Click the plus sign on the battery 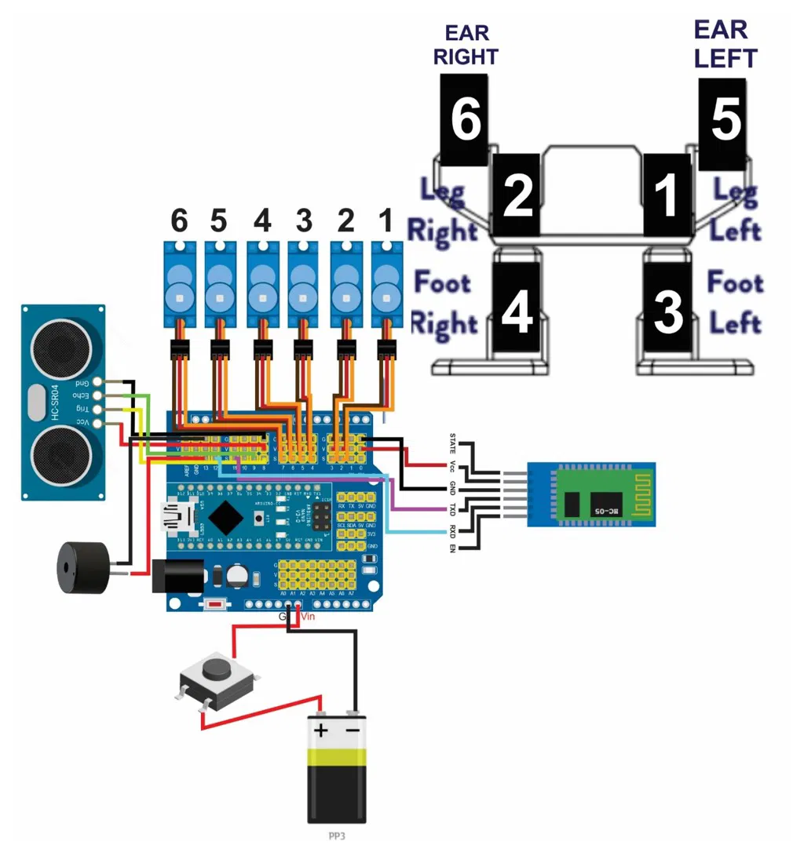click(321, 731)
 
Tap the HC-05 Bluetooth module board click(590, 494)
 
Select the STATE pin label click(451, 445)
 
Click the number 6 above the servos click(180, 222)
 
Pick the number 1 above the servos click(385, 222)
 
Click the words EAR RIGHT click(466, 45)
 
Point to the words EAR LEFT click(725, 44)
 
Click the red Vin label click(308, 617)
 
